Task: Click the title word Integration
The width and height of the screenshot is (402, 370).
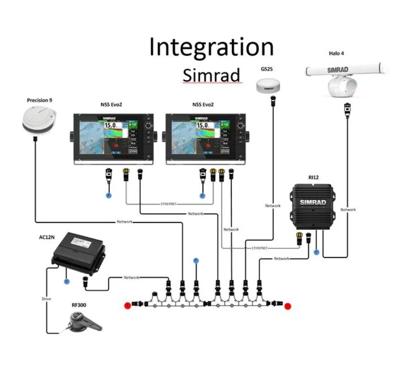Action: point(211,47)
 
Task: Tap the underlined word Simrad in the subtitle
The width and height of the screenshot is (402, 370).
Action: point(211,75)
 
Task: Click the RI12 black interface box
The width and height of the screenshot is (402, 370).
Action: point(314,204)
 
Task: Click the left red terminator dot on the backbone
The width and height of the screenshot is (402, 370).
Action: point(128,305)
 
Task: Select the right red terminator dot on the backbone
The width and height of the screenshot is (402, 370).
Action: point(288,306)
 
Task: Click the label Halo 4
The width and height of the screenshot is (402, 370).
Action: point(336,53)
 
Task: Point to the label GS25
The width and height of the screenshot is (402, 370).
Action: point(266,69)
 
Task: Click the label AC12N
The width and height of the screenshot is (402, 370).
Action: point(47,236)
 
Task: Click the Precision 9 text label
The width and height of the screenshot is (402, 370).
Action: point(39,100)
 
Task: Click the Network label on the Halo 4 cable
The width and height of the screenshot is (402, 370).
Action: point(348,209)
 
